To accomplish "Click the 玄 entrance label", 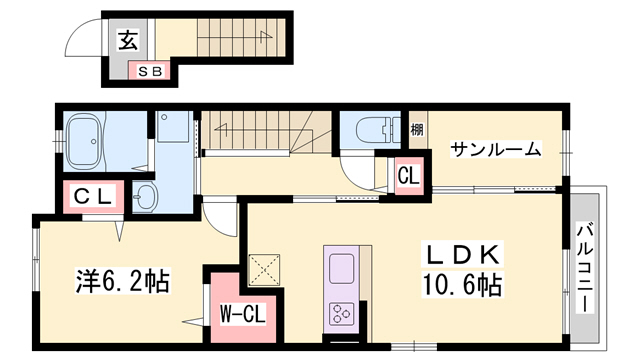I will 129,41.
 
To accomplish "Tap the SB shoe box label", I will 153,70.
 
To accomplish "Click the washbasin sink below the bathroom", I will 146,196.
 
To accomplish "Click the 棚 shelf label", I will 417,131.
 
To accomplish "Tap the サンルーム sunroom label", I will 494,150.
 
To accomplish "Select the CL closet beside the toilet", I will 408,175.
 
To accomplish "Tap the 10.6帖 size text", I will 461,285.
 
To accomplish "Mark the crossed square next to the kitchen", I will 265,269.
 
